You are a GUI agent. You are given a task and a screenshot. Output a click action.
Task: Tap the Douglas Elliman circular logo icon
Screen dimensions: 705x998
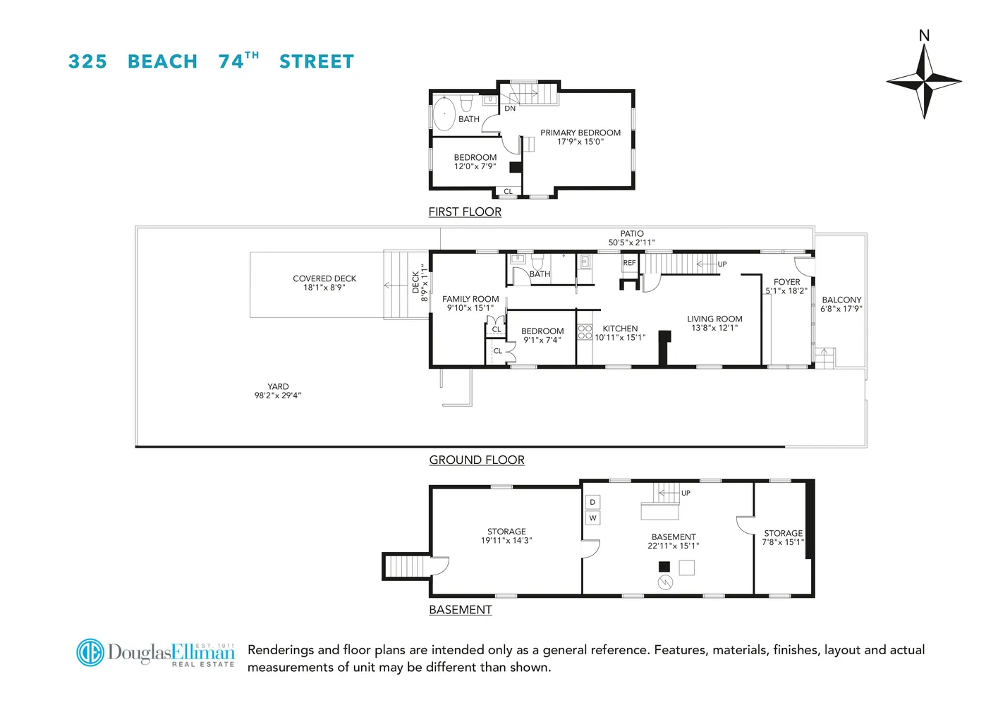[x=90, y=652]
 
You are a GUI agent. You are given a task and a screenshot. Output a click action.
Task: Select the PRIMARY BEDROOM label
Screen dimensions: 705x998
[x=580, y=133]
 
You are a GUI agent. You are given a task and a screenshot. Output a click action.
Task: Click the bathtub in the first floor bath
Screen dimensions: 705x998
[x=444, y=114]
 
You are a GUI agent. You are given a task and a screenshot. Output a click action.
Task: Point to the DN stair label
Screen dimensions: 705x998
[x=510, y=109]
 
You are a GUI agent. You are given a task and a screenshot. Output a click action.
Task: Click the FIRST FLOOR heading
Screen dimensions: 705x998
[x=465, y=211]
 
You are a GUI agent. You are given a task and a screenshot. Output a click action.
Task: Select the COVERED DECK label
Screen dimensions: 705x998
[x=324, y=278]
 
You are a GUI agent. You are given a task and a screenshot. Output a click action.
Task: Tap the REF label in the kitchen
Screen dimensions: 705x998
[x=629, y=263]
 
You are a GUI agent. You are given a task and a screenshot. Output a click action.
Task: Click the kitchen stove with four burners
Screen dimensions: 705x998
[x=585, y=331]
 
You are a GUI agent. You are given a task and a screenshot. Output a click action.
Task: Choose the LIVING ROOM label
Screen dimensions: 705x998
[x=714, y=319]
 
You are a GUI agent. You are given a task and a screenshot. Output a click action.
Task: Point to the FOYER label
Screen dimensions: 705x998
[x=786, y=282]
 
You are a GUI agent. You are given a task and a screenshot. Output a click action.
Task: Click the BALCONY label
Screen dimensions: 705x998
[x=841, y=300]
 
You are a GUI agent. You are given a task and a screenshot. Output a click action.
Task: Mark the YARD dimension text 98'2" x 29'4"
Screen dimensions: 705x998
[x=278, y=396]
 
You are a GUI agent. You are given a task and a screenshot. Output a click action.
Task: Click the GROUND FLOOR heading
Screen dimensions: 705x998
[x=477, y=460]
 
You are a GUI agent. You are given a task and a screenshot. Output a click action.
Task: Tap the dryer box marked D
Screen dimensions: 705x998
[x=592, y=502]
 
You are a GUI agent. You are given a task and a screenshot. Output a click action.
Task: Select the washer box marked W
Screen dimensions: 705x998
[x=592, y=518]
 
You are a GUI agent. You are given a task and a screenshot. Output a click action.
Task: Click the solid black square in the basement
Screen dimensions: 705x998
[x=664, y=566]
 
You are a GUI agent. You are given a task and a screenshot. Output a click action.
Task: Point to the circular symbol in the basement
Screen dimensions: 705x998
[x=665, y=582]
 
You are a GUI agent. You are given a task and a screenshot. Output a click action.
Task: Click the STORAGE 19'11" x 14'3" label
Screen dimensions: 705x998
[x=506, y=536]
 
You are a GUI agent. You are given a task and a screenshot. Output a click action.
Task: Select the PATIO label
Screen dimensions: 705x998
[x=632, y=233]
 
